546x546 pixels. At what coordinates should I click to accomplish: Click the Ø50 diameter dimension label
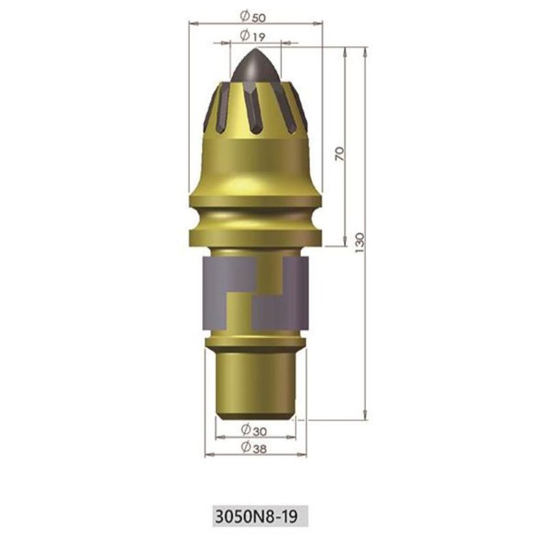pyautogui.click(x=253, y=16)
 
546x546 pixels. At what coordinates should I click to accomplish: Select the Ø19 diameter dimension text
pyautogui.click(x=253, y=35)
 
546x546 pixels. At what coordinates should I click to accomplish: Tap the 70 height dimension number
pyautogui.click(x=340, y=154)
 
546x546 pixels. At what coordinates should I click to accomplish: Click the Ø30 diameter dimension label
pyautogui.click(x=254, y=431)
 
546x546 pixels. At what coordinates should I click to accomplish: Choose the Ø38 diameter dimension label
pyautogui.click(x=254, y=448)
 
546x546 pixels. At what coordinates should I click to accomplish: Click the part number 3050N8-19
pyautogui.click(x=257, y=517)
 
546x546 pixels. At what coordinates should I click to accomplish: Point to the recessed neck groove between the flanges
pyautogui.click(x=255, y=218)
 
